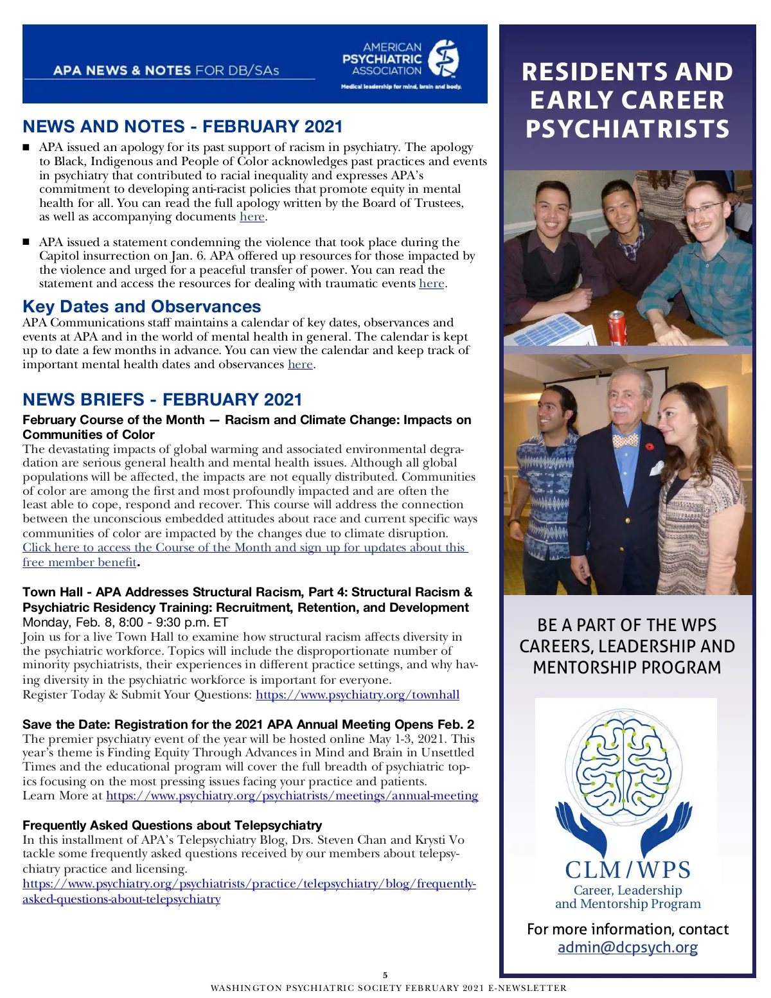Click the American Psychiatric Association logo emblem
coord(443,60)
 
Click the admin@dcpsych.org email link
coord(627,947)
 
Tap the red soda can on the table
coord(617,327)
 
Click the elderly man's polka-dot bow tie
coord(625,441)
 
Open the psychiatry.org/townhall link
coord(357,695)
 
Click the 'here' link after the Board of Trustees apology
coord(252,217)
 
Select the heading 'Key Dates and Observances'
coord(141,307)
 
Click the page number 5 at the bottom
coord(385,975)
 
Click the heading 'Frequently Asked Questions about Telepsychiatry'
coord(172,825)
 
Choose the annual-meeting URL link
coord(292,796)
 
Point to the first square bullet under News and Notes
coord(26,148)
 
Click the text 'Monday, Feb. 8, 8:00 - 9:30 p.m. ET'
coord(125,622)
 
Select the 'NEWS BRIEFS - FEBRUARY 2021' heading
coord(162,400)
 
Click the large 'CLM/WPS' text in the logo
coord(628,869)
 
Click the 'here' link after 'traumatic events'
coord(431,283)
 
